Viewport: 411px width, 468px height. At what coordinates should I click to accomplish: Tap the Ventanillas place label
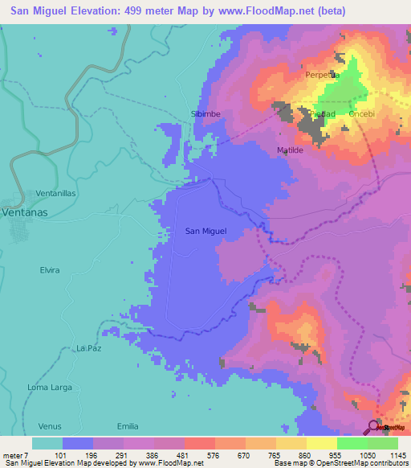55,195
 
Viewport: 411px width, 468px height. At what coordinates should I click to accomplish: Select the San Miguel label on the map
206,232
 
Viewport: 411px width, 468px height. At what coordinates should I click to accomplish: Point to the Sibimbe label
205,114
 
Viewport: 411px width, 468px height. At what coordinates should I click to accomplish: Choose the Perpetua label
323,75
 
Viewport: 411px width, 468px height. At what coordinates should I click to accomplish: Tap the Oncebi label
364,114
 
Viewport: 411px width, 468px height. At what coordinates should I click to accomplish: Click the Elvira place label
50,270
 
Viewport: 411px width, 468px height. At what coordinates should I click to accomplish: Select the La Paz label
88,347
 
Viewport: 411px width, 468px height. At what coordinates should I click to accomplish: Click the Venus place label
50,425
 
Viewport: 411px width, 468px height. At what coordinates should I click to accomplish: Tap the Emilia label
128,425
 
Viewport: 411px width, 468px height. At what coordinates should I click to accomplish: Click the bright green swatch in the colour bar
352,443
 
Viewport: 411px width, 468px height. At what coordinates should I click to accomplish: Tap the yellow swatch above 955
321,443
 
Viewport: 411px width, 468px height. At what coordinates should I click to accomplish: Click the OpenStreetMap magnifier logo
375,426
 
